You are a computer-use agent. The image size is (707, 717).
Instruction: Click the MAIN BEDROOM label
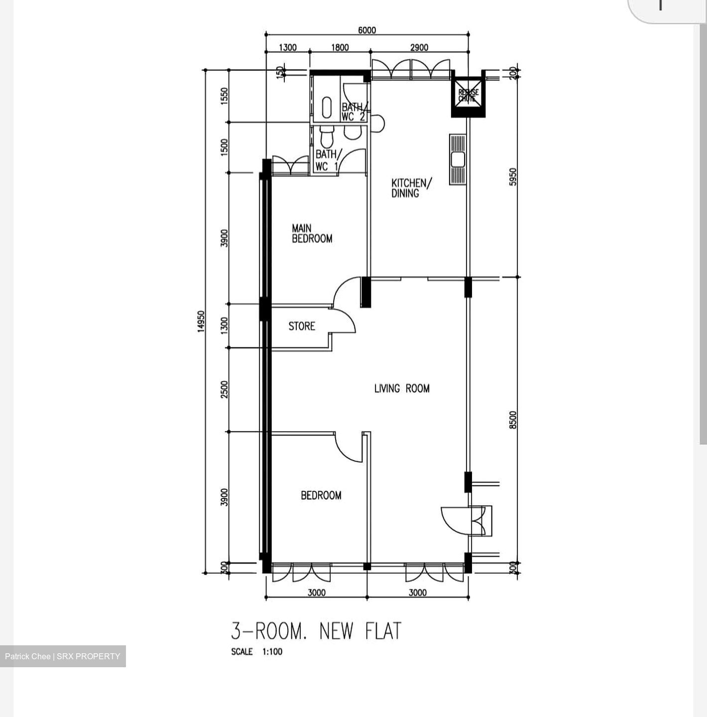[x=312, y=234]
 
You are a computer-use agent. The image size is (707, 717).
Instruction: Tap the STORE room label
[x=302, y=326]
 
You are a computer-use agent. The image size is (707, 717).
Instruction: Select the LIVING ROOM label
[x=402, y=388]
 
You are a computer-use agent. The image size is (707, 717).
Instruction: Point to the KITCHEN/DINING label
[x=411, y=188]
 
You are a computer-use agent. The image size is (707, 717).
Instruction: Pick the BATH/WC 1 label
[x=327, y=160]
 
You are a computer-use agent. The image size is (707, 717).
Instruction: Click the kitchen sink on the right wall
[x=458, y=159]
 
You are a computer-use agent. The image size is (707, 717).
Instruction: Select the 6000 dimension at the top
[x=367, y=30]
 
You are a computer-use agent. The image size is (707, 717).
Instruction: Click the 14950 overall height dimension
[x=201, y=322]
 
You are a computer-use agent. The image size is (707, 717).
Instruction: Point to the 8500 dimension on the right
[x=513, y=419]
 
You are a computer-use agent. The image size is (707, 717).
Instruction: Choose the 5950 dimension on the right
[x=513, y=177]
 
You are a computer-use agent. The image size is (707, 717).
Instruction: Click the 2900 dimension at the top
[x=419, y=48]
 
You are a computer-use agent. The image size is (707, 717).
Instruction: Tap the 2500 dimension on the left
[x=225, y=389]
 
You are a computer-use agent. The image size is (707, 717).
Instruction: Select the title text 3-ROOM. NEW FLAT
[x=316, y=631]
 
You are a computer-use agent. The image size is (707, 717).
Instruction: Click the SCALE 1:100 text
[x=256, y=652]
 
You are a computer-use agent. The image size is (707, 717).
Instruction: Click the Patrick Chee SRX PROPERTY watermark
[x=63, y=656]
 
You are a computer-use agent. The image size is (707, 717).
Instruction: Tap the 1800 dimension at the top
[x=340, y=48]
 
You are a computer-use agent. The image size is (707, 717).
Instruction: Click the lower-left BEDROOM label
[x=321, y=495]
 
